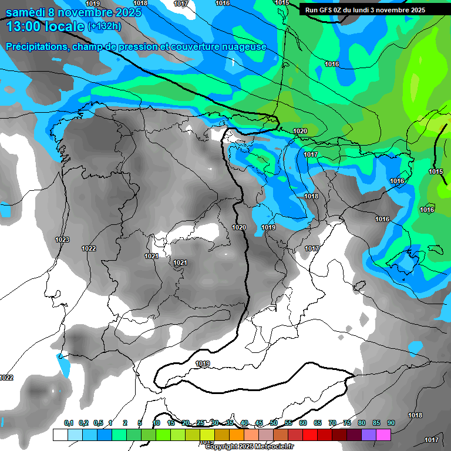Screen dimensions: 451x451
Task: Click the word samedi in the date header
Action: [x=26, y=12]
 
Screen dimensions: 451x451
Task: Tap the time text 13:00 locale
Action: [x=45, y=26]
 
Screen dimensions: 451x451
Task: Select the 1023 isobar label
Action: [x=62, y=240]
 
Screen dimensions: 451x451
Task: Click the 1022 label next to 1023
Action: [x=89, y=248]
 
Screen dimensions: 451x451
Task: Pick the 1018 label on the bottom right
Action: [x=415, y=416]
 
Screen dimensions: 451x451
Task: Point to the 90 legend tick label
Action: [x=391, y=423]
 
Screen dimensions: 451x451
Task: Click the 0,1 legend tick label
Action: [x=69, y=423]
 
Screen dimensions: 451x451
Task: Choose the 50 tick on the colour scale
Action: [x=274, y=423]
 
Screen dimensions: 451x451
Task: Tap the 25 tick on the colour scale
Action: [x=200, y=423]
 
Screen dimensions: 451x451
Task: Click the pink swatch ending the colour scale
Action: [x=383, y=435]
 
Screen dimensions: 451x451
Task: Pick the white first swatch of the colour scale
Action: [x=60, y=435]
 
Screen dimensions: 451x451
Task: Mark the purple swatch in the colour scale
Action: [x=369, y=435]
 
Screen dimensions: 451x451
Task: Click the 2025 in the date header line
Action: [x=124, y=12]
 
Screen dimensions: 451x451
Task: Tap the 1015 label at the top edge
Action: [x=282, y=3]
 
